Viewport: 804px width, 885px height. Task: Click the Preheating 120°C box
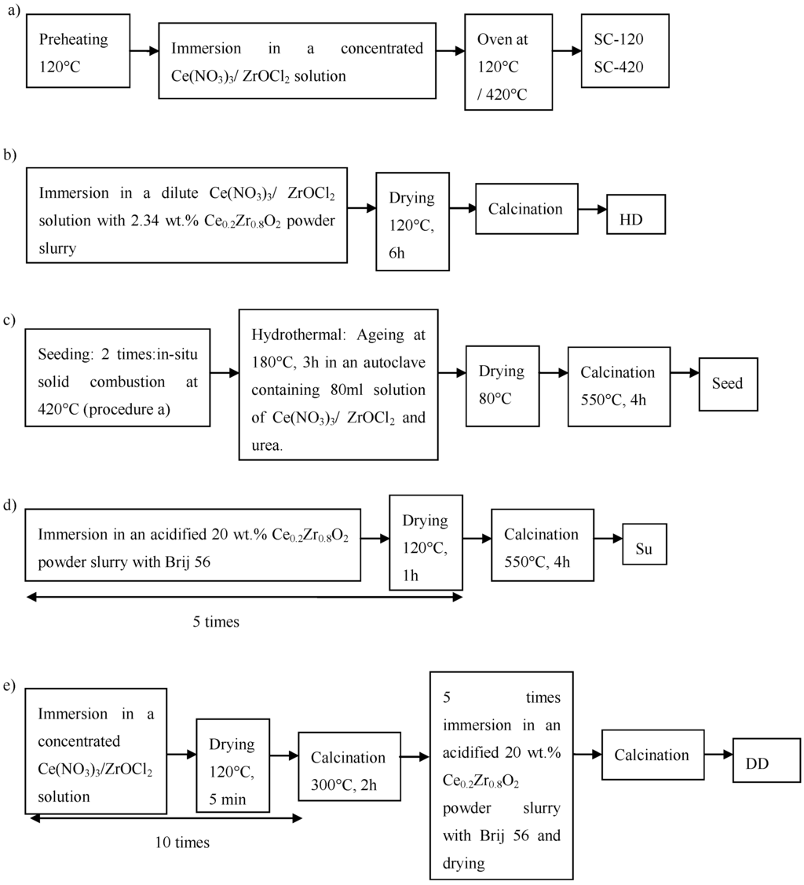click(78, 51)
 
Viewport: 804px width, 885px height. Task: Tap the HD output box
click(636, 214)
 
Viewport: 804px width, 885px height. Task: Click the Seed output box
click(728, 384)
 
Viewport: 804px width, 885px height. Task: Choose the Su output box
click(644, 543)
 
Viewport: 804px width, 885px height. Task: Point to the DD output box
click(766, 760)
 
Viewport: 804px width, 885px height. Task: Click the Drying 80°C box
click(500, 385)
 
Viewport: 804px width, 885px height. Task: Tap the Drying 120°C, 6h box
click(412, 221)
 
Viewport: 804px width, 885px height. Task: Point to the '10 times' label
click(182, 843)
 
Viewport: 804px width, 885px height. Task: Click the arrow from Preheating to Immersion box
click(144, 51)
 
